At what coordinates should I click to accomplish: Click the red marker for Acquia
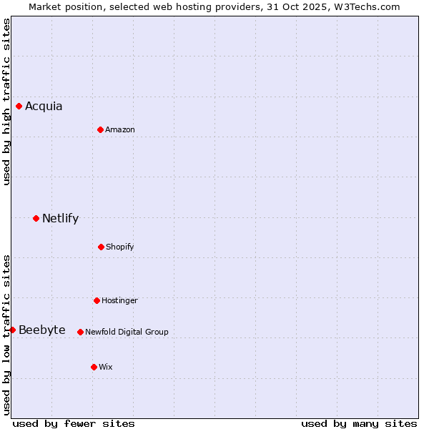pos(19,106)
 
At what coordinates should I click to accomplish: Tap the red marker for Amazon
pos(100,129)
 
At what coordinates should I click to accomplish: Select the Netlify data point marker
pos(36,218)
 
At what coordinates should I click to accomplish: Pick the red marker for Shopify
pos(101,247)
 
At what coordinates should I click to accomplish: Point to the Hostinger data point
pos(97,300)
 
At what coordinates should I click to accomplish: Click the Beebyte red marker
pos(12,330)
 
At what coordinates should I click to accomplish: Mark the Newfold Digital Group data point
pos(80,332)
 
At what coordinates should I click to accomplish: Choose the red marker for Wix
pos(94,367)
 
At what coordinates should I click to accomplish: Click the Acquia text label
pos(44,107)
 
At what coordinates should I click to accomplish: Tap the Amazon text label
pos(120,130)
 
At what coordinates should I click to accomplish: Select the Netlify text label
pos(60,219)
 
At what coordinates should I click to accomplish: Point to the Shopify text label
pos(120,247)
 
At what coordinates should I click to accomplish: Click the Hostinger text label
pos(119,301)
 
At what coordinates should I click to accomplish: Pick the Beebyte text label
pos(42,330)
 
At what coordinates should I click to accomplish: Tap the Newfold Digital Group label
pos(127,332)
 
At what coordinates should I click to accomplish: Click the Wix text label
pos(106,368)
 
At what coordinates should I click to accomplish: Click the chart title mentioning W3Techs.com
pos(214,6)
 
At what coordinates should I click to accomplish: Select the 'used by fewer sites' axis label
pos(74,423)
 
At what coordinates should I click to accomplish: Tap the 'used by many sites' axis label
pos(359,423)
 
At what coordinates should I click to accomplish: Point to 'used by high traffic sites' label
pos(6,102)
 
